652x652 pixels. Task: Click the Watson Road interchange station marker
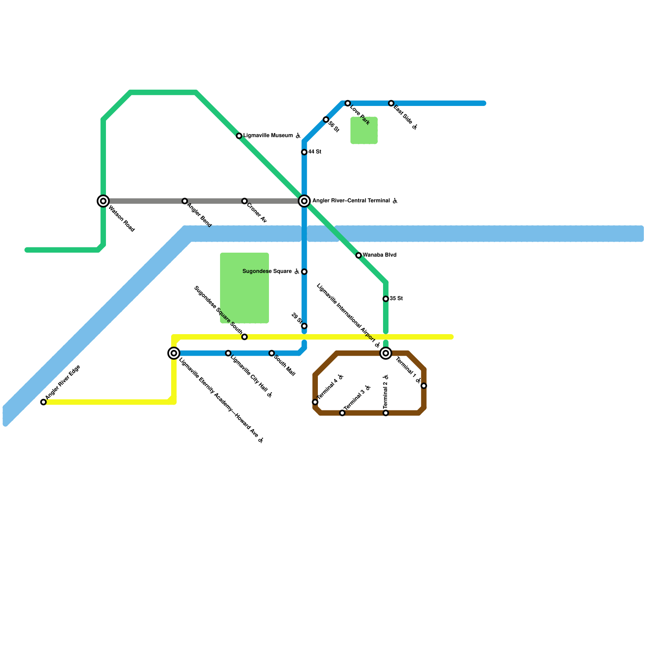coord(103,201)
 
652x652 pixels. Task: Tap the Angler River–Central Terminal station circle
coord(304,201)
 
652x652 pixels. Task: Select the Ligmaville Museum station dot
coord(239,136)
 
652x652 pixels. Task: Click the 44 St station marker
coord(304,152)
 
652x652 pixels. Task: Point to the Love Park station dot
coord(348,104)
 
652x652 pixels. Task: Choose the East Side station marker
coord(391,104)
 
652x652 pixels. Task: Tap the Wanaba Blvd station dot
coord(359,256)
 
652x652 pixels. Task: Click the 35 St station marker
coord(385,299)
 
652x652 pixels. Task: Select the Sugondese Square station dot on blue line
coord(304,272)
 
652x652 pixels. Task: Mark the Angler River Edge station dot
coord(44,402)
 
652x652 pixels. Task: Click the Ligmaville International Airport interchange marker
coord(385,353)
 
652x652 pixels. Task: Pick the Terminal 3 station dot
coord(342,413)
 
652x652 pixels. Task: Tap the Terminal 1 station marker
coord(424,386)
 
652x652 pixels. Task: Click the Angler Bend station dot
coord(185,201)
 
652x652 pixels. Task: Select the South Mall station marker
coord(271,353)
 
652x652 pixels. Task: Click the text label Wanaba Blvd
coord(379,255)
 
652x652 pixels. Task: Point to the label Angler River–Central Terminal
coord(351,201)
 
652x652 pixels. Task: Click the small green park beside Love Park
coord(364,130)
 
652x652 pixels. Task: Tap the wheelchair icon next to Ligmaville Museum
coord(298,136)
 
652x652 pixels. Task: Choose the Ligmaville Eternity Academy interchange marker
coord(174,353)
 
